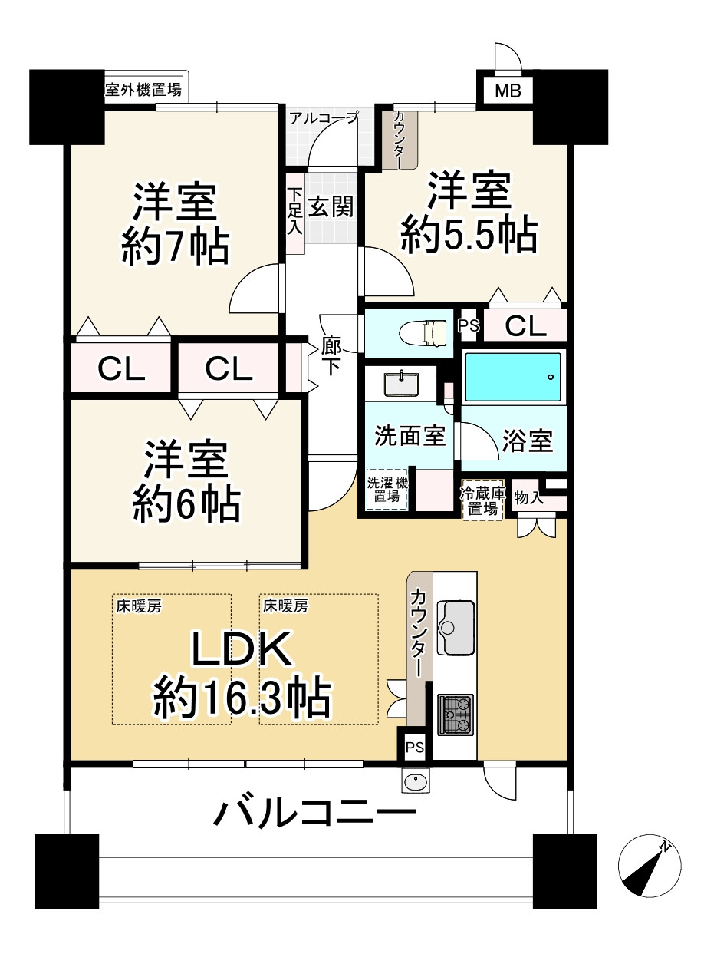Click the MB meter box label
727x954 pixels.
pyautogui.click(x=508, y=91)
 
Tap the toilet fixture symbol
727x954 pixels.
pyautogui.click(x=423, y=332)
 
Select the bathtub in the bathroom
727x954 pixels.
pyautogui.click(x=512, y=377)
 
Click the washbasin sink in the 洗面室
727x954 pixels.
pyautogui.click(x=401, y=384)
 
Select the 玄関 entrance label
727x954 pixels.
pyautogui.click(x=331, y=207)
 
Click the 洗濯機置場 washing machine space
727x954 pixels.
pyautogui.click(x=387, y=490)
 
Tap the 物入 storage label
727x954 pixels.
pyautogui.click(x=528, y=497)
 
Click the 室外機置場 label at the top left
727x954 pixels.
pyautogui.click(x=143, y=90)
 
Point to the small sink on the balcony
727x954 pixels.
pyautogui.click(x=416, y=782)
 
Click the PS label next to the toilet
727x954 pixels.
pyautogui.click(x=469, y=325)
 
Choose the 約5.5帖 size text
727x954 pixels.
pyautogui.click(x=469, y=236)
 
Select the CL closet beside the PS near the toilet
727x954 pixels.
pyautogui.click(x=525, y=326)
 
